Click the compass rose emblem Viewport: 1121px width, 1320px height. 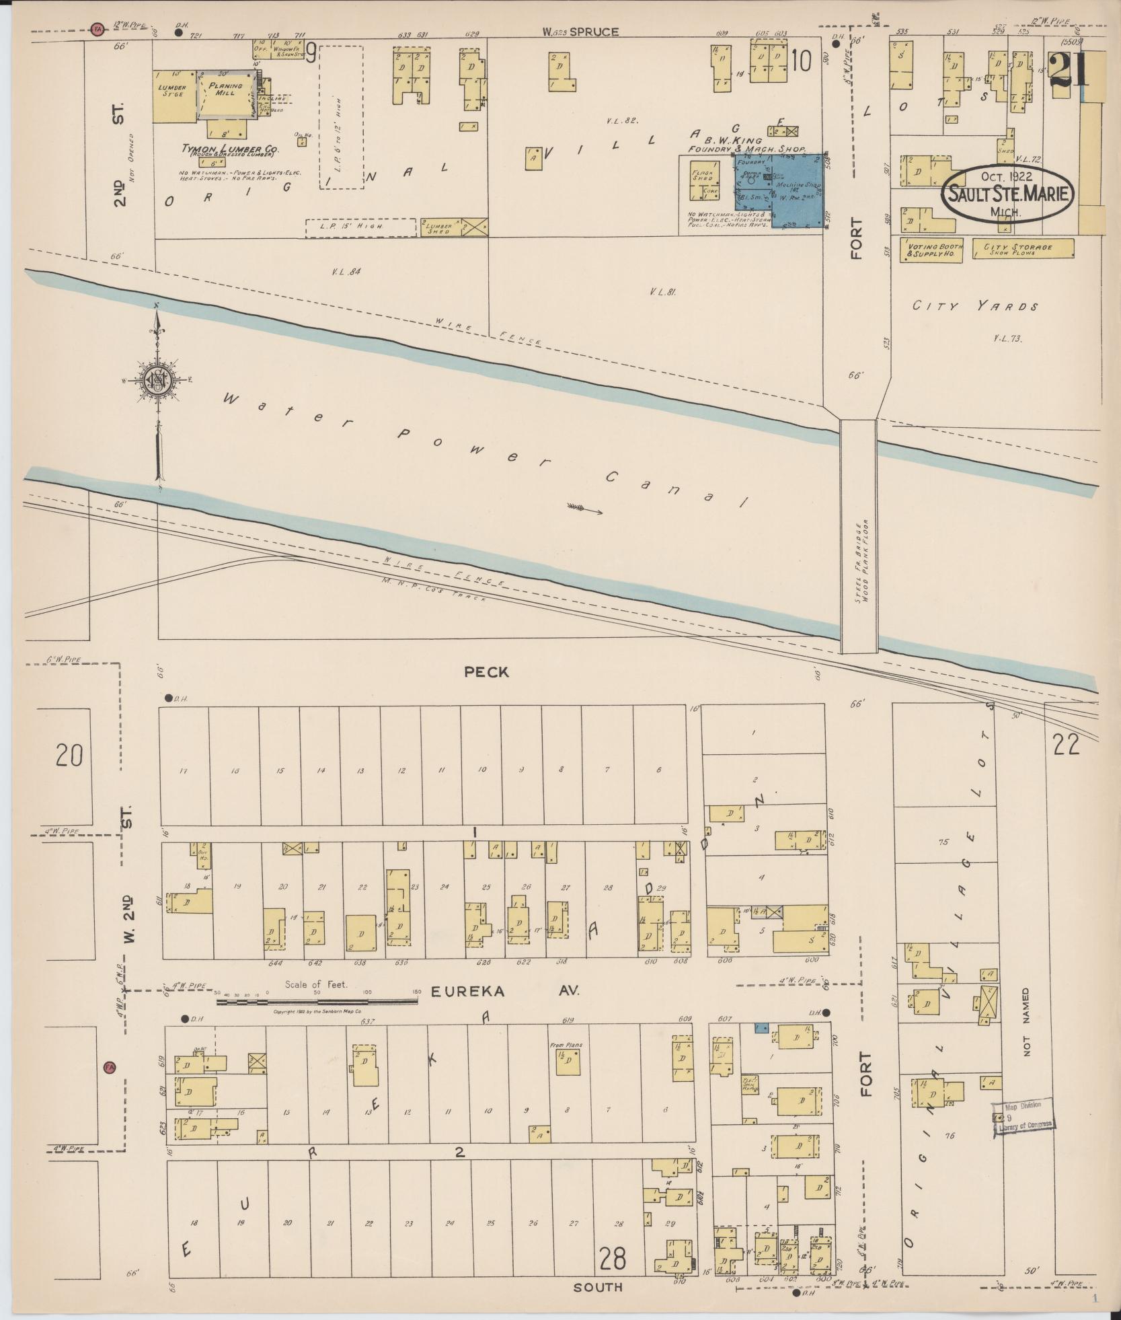coord(157,380)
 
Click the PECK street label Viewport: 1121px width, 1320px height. coord(486,671)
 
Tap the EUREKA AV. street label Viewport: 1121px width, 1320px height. coord(503,991)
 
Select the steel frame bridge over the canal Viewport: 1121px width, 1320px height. coord(859,536)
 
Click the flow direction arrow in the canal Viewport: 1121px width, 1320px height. coord(584,509)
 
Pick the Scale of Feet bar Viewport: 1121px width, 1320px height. coord(317,1001)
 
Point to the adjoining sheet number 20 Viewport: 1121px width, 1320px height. coord(69,755)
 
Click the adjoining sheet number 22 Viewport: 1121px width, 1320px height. coord(1067,745)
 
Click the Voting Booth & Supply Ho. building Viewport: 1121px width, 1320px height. coord(931,250)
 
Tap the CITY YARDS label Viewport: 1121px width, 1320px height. coord(974,307)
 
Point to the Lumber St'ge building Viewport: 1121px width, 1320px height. coord(173,96)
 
